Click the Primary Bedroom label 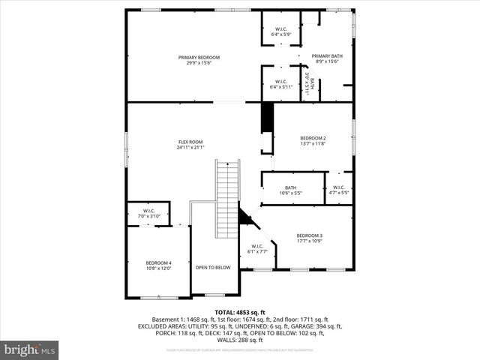point(199,58)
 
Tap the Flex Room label point(190,142)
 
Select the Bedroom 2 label point(313,138)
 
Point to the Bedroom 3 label point(309,235)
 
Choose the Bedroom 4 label point(158,262)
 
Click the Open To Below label point(213,267)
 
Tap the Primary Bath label point(326,56)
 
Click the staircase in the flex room point(226,198)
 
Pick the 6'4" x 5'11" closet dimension point(280,87)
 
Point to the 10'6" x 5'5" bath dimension point(291,193)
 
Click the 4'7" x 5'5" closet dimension point(339,193)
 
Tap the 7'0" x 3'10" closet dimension point(148,216)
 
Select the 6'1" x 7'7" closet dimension point(257,251)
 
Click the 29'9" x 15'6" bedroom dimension point(199,63)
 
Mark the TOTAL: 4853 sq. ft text point(240,312)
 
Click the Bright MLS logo point(30,349)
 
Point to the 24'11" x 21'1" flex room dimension point(190,148)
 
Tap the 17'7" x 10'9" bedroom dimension point(309,241)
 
